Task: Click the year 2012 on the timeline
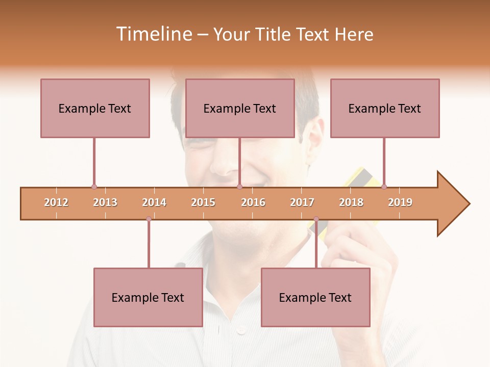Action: click(56, 202)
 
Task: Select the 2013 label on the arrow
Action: click(105, 202)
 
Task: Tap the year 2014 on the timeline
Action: click(154, 202)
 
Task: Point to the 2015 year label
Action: click(203, 202)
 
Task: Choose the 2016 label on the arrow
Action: click(253, 202)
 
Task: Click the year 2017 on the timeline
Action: click(302, 202)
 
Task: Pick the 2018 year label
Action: click(351, 202)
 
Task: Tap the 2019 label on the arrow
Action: click(400, 202)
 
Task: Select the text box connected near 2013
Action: click(95, 108)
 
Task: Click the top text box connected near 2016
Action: click(240, 108)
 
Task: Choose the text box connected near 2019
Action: click(385, 108)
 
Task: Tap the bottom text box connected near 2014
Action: click(148, 297)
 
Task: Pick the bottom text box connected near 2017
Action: click(315, 297)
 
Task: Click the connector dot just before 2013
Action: click(94, 187)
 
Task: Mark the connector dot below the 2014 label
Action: click(149, 219)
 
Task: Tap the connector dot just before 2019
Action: click(384, 187)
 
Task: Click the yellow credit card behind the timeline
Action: click(362, 178)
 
